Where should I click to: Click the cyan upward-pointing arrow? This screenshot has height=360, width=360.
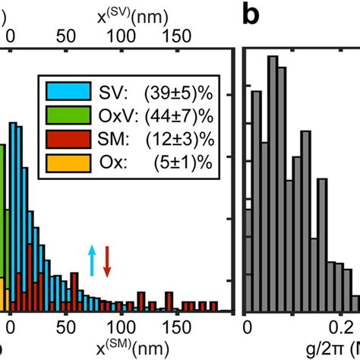click(x=92, y=260)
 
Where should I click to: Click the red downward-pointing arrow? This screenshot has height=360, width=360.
click(x=107, y=260)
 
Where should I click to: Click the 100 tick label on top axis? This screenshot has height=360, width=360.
click(x=118, y=34)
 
